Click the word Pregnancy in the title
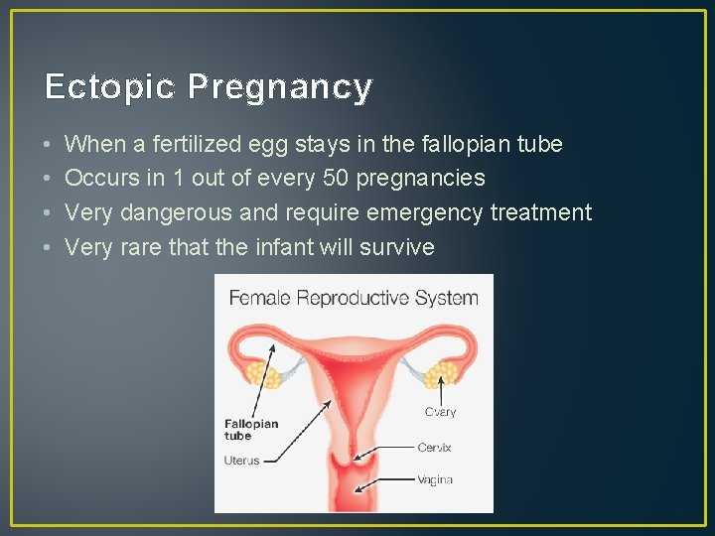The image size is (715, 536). click(279, 88)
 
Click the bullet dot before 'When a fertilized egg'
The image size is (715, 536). click(49, 145)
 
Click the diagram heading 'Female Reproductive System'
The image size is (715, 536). click(354, 297)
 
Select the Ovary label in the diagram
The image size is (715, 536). click(440, 412)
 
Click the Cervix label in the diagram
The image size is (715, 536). click(434, 448)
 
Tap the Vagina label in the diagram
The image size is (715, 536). click(435, 479)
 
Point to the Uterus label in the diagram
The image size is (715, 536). click(241, 461)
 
